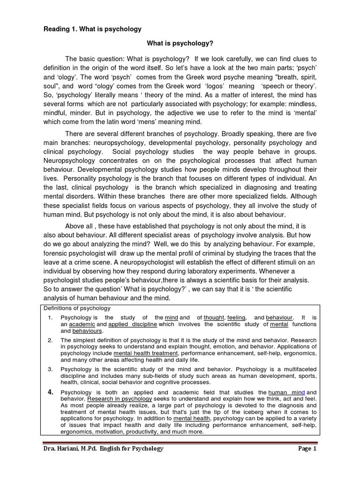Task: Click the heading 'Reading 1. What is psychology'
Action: (92, 29)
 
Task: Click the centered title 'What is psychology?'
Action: (180, 44)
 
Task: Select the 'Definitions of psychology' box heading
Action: (77, 308)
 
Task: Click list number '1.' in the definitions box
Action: (51, 317)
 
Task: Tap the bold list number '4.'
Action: (52, 391)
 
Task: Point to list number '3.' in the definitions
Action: (51, 369)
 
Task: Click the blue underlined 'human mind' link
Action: (286, 392)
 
